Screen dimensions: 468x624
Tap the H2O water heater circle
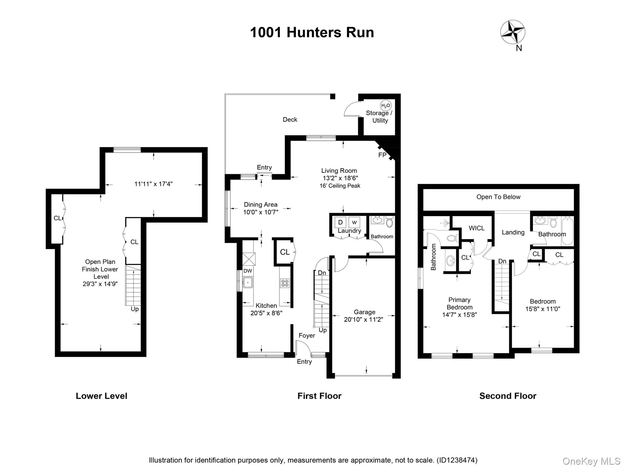point(385,106)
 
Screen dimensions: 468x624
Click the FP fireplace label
point(382,155)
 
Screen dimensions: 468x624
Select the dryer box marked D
point(340,222)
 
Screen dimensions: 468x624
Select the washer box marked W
point(354,222)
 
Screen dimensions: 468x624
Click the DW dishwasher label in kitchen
point(248,271)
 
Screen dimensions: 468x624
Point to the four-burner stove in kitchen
point(285,283)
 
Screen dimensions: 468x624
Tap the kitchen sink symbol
point(248,282)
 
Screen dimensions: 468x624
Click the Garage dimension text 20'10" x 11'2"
point(363,319)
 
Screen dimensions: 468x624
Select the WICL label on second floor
point(477,228)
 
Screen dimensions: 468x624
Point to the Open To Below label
point(498,197)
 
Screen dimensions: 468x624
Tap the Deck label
point(290,119)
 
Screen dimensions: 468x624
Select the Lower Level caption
point(101,396)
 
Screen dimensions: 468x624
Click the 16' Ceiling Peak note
point(340,186)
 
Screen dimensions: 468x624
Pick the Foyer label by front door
point(307,335)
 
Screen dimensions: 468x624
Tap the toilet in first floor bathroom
point(389,222)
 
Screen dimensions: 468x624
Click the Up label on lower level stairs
point(135,309)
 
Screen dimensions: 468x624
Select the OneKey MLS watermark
point(591,461)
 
